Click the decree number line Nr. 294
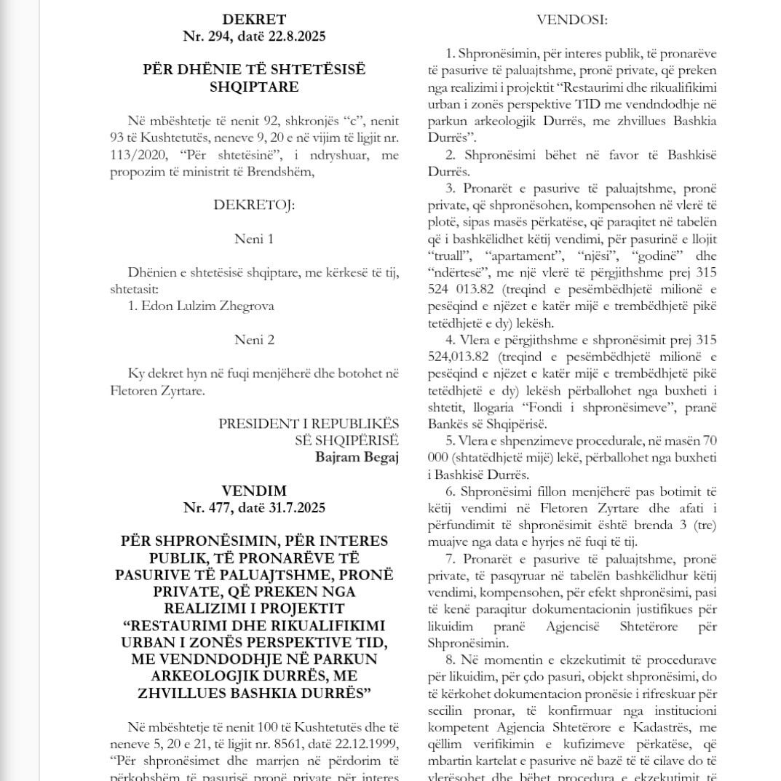pyautogui.click(x=254, y=36)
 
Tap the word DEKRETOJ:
pyautogui.click(x=254, y=205)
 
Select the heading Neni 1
pyautogui.click(x=254, y=239)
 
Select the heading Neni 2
pyautogui.click(x=254, y=339)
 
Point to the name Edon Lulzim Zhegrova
pyautogui.click(x=201, y=306)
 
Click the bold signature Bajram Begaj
pyautogui.click(x=357, y=457)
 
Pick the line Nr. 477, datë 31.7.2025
pyautogui.click(x=254, y=507)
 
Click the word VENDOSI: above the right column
pyautogui.click(x=571, y=20)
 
